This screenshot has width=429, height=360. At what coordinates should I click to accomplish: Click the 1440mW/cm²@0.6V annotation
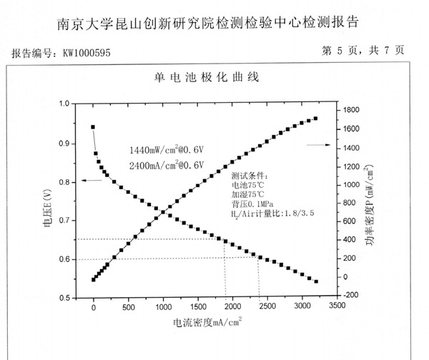[x=167, y=151]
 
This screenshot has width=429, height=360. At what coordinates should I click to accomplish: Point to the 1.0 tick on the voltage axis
[x=64, y=104]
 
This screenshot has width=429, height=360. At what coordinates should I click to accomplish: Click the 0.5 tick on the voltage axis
[x=64, y=297]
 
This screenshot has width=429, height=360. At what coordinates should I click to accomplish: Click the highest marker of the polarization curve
[x=93, y=127]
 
